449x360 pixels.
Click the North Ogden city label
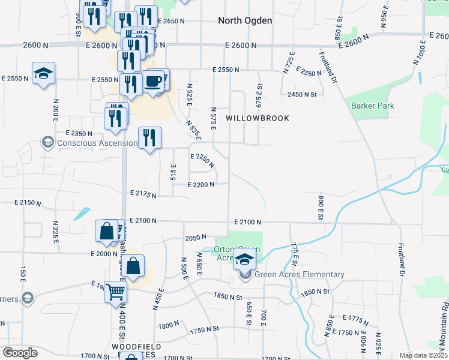(245, 20)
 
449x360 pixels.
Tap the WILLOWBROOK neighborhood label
(258, 118)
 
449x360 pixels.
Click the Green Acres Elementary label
(299, 275)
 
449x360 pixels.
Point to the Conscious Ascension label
(96, 143)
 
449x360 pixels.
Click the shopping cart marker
(116, 293)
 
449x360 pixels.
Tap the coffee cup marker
(154, 81)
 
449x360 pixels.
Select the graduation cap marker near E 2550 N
(43, 74)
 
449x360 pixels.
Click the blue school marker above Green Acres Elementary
(245, 259)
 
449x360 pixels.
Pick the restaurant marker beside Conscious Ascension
(149, 138)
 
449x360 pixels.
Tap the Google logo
(19, 353)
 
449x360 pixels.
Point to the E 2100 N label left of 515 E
(142, 221)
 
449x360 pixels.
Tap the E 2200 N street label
(201, 185)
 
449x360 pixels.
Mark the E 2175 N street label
(143, 194)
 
